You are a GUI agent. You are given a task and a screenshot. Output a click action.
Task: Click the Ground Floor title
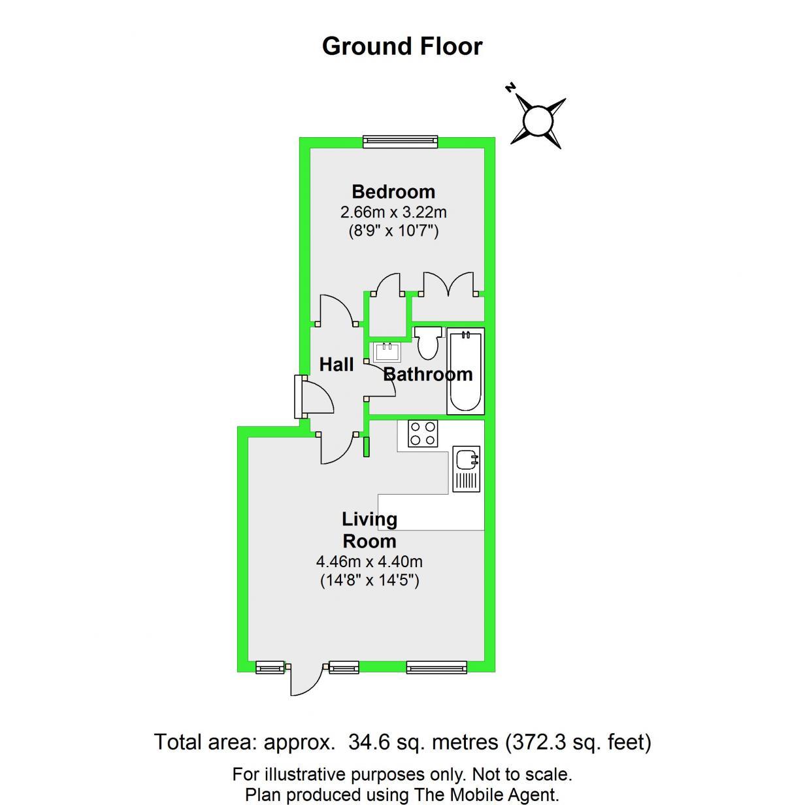pyautogui.click(x=402, y=46)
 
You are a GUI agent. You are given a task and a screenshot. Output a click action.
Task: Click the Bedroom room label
pyautogui.click(x=393, y=191)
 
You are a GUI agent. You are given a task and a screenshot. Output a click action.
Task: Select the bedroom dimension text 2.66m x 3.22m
pyautogui.click(x=393, y=212)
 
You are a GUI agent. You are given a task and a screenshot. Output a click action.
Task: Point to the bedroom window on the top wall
pyautogui.click(x=401, y=140)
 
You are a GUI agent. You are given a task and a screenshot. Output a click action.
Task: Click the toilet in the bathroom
pyautogui.click(x=428, y=342)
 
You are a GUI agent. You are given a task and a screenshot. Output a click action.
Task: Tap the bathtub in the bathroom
pyautogui.click(x=465, y=370)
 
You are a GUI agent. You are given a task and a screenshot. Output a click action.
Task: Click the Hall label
pyautogui.click(x=337, y=364)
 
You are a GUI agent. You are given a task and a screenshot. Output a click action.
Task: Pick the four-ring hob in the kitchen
pyautogui.click(x=422, y=433)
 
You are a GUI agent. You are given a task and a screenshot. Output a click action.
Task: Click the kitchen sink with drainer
pyautogui.click(x=466, y=468)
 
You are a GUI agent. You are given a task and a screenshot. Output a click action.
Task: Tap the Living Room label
pyautogui.click(x=370, y=530)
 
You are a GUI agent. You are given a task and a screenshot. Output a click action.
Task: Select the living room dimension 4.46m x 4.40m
pyautogui.click(x=369, y=561)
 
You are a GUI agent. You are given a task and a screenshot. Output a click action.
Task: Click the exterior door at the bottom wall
pyautogui.click(x=306, y=680)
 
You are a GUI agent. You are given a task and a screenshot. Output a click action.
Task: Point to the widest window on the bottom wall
pyautogui.click(x=436, y=667)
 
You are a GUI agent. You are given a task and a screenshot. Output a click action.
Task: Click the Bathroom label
pyautogui.click(x=427, y=374)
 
